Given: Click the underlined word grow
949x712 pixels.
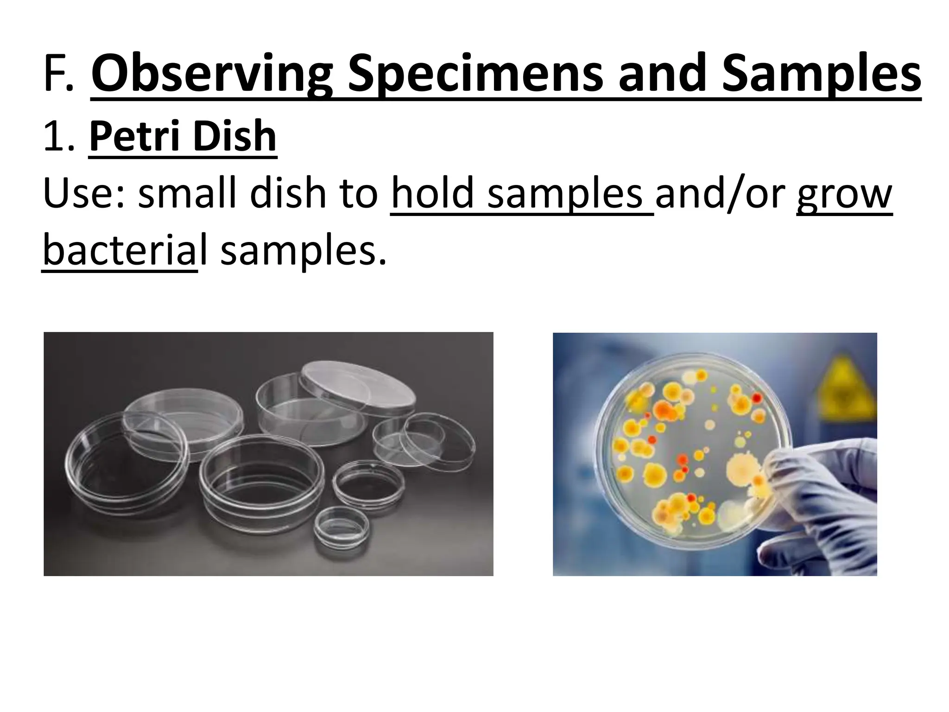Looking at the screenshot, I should point(844,195).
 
